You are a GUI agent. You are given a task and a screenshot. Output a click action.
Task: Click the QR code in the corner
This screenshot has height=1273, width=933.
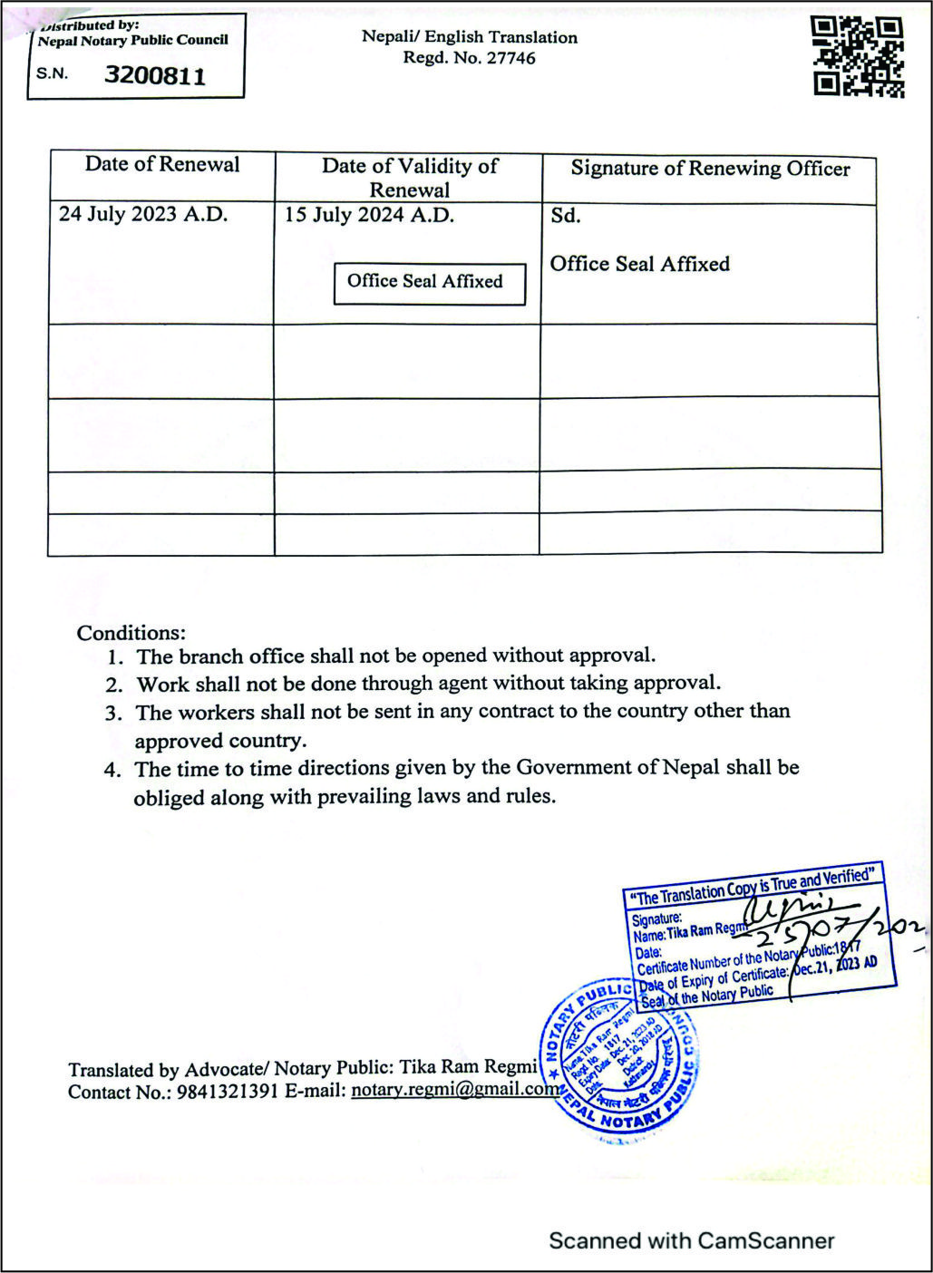tap(858, 56)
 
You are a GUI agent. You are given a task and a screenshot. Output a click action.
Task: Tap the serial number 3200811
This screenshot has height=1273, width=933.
tap(155, 75)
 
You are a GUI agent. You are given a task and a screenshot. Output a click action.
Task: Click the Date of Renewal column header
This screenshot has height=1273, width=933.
tap(162, 164)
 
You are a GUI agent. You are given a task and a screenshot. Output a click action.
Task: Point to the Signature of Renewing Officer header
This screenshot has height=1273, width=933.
tap(710, 169)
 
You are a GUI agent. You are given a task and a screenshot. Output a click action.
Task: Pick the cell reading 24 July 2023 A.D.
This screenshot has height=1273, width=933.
tap(143, 215)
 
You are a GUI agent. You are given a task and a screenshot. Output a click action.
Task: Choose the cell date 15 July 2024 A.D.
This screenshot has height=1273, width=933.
tap(369, 215)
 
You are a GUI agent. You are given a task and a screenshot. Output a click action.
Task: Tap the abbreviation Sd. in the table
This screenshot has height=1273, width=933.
tap(565, 216)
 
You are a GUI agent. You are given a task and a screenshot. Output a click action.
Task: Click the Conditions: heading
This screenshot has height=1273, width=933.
tap(131, 633)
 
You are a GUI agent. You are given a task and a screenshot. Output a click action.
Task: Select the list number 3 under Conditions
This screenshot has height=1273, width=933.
tap(112, 714)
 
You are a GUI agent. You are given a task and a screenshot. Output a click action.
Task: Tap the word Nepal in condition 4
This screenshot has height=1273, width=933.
tap(691, 767)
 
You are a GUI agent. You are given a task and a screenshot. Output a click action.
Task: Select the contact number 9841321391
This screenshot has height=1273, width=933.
tap(227, 1092)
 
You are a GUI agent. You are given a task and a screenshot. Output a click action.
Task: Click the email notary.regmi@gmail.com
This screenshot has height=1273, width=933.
tap(454, 1090)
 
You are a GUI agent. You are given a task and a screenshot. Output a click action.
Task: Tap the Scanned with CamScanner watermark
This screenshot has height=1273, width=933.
tap(691, 1240)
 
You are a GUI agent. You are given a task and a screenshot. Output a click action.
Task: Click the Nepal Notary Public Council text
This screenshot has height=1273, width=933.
tap(132, 41)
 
